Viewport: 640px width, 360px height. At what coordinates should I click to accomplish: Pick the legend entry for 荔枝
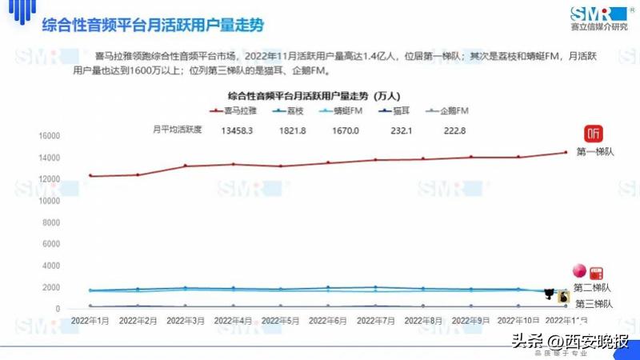coord(290,111)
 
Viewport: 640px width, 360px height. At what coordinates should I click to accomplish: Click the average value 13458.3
coord(238,129)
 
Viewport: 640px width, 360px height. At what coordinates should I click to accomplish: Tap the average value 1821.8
coord(291,129)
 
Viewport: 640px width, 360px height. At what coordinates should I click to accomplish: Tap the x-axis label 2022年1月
coord(90,320)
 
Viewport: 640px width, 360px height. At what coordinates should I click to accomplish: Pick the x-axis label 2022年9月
coord(469,320)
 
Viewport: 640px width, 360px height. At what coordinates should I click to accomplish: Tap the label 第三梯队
coord(593,303)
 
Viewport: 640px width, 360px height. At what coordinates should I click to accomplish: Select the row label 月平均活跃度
coord(178,129)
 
